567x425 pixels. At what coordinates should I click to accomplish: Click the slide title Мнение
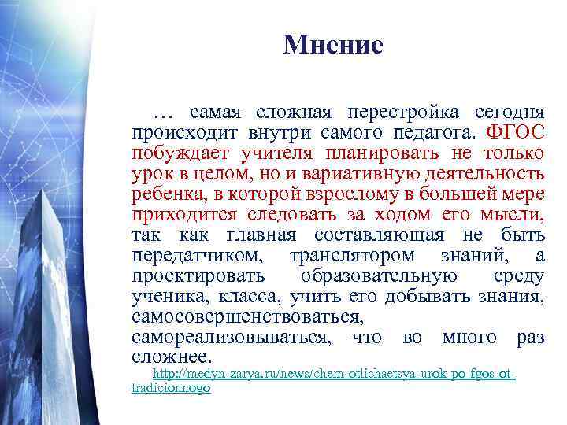[332, 45]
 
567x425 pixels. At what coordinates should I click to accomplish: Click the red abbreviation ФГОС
[515, 131]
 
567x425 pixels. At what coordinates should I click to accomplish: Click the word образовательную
[379, 277]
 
